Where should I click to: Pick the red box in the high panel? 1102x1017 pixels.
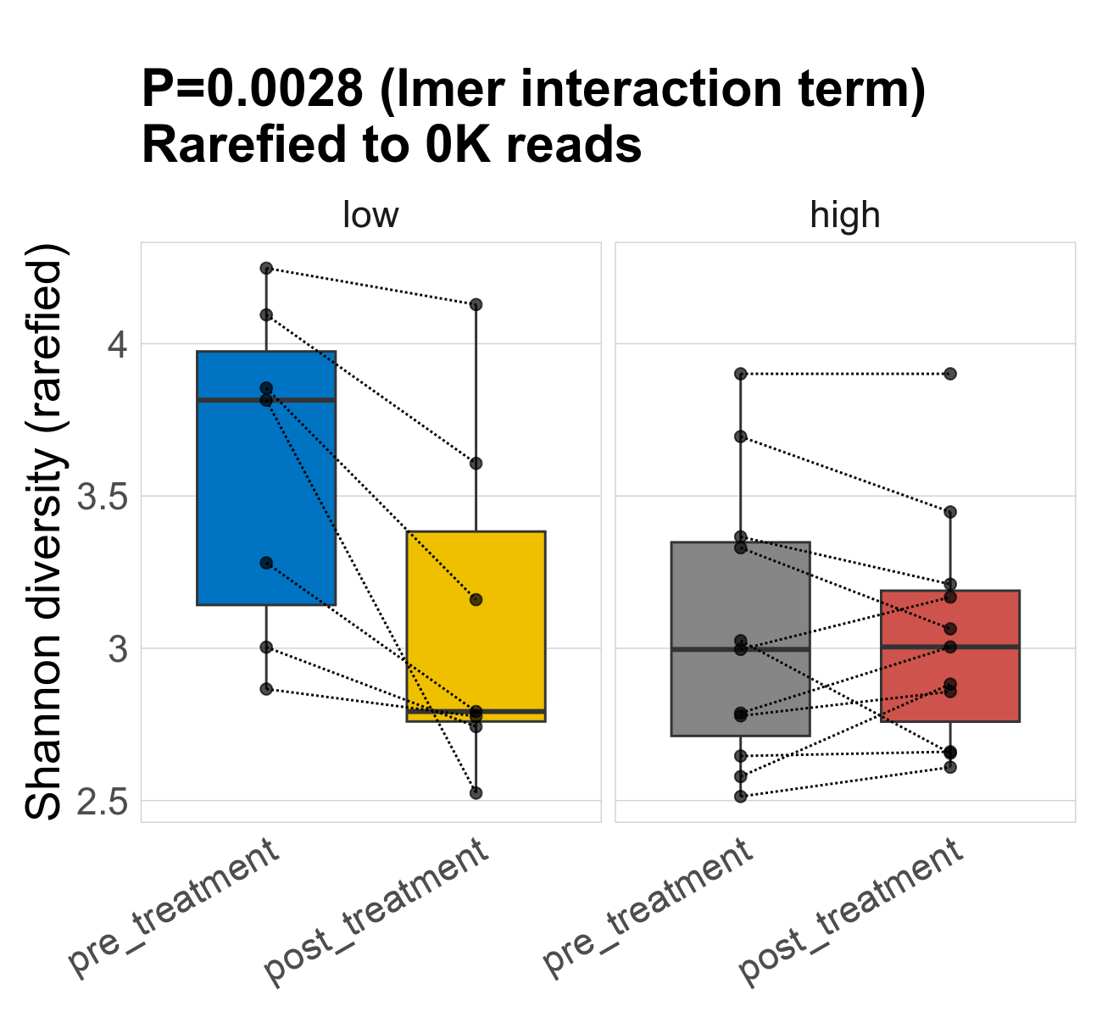pos(950,678)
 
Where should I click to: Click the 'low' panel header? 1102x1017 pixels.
pos(370,215)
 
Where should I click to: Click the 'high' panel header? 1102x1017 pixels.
pos(845,215)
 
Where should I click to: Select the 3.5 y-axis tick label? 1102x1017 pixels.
pos(102,497)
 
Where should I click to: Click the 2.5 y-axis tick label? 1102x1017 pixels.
pos(102,802)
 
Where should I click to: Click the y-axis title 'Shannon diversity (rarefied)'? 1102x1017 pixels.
pos(44,532)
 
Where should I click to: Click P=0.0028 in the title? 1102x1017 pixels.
pos(253,89)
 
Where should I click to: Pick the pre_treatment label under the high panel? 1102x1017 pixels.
pos(648,907)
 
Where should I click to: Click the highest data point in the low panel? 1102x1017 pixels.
pos(266,269)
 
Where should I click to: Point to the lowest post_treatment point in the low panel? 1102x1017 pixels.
pos(476,793)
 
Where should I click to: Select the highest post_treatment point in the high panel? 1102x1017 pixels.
pos(950,374)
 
